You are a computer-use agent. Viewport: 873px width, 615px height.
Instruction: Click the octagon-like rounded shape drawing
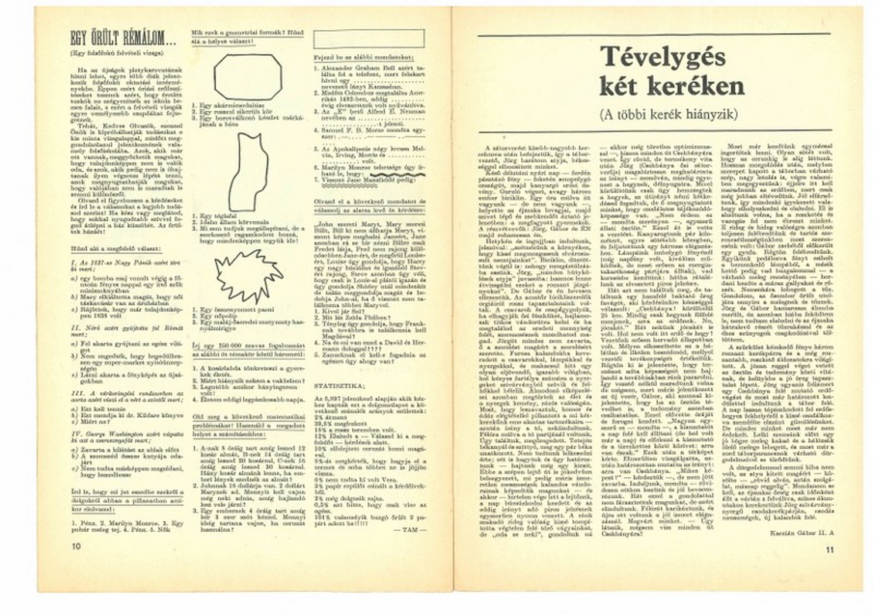click(247, 77)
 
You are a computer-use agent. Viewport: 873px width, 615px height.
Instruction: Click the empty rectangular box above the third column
click(369, 39)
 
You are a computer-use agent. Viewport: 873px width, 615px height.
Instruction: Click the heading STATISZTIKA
click(338, 386)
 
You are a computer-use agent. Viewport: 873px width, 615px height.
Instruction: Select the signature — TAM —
click(414, 529)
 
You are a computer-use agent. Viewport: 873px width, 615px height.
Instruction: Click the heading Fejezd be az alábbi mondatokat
click(364, 57)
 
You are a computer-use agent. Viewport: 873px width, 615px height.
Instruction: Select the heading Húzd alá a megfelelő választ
click(108, 248)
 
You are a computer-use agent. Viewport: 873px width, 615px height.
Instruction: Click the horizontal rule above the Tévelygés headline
click(654, 35)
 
